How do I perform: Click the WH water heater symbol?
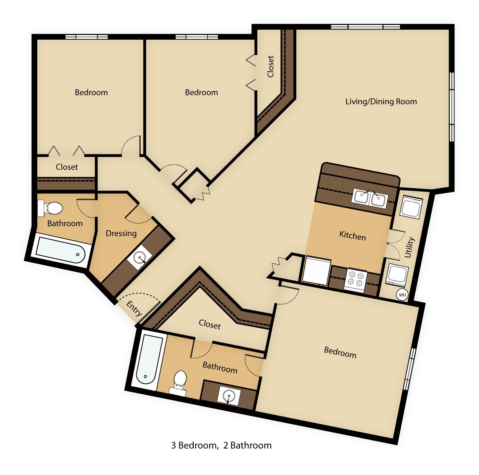[x=402, y=295]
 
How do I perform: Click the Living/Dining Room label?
[x=381, y=102]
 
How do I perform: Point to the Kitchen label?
[x=352, y=235]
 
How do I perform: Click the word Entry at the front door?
[x=134, y=308]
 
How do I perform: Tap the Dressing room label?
[x=121, y=234]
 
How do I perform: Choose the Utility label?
[x=410, y=247]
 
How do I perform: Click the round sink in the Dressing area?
[x=140, y=257]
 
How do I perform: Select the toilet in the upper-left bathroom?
[x=50, y=208]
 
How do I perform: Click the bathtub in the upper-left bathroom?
[x=61, y=250]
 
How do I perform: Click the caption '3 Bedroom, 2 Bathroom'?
[x=221, y=445]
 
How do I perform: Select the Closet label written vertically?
[x=270, y=66]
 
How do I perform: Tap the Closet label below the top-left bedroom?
[x=67, y=167]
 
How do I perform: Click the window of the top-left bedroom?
[x=87, y=37]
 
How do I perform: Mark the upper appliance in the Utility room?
[x=411, y=207]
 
